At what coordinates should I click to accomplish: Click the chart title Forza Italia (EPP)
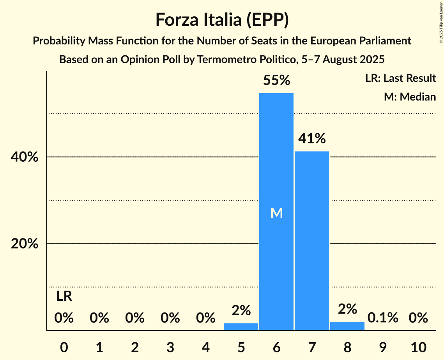point(222,20)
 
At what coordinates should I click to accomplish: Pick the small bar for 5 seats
point(241,326)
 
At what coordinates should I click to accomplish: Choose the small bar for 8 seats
point(347,326)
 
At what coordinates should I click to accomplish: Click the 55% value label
point(276,81)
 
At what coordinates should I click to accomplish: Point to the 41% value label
point(312,138)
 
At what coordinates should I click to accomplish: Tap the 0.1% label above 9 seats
point(383,318)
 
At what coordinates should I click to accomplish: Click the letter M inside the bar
point(276,213)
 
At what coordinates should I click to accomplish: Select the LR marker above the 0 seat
point(64,296)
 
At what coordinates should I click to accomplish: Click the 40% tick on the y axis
point(25,157)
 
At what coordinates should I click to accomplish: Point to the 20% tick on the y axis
point(25,244)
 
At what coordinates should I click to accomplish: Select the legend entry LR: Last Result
point(400,78)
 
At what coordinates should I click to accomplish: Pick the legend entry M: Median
point(410,97)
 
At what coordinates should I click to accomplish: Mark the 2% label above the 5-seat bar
point(241,310)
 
